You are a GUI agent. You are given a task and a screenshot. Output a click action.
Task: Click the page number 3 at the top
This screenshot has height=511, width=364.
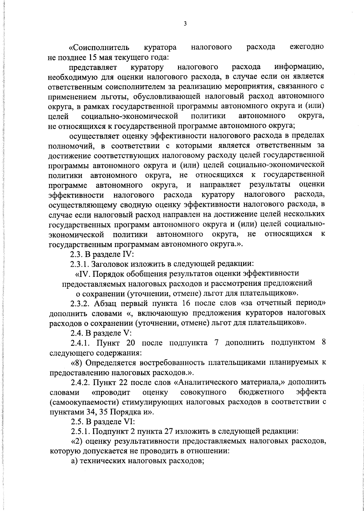pos(185,24)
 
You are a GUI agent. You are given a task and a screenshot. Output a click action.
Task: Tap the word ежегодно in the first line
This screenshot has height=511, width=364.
pos(306,47)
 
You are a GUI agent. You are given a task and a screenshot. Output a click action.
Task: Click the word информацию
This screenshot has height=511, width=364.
pos(300,67)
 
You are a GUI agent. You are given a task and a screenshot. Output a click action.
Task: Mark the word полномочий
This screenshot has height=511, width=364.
pos(71,146)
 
